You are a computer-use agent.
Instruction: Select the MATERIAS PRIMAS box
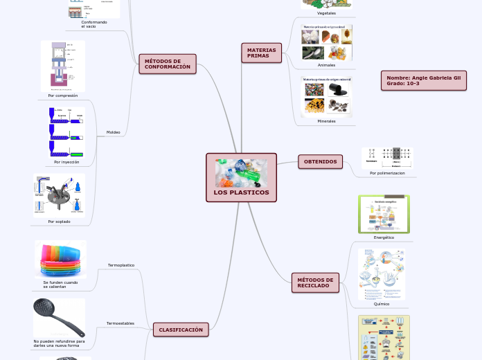point(261,53)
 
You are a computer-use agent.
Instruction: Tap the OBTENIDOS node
point(320,162)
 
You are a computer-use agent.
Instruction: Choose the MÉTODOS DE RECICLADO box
point(315,282)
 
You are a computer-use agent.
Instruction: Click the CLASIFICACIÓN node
point(181,330)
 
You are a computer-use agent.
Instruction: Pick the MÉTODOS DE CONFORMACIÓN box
point(167,64)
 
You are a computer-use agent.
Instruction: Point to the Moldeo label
point(113,132)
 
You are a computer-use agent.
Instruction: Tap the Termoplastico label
point(121,265)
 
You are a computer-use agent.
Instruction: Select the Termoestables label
point(120,323)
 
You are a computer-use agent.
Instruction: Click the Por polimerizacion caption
point(387,173)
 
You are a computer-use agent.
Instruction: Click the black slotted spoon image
point(59,318)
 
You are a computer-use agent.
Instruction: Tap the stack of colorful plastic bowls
point(61,259)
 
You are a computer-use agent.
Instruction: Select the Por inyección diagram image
point(66,132)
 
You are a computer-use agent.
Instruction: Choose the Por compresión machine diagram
point(62,66)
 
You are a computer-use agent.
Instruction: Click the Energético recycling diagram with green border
point(384,214)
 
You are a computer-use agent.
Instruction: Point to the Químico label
point(382,304)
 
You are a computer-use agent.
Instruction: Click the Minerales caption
point(326,121)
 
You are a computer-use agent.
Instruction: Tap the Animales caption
point(326,65)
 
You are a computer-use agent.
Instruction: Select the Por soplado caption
point(59,222)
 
